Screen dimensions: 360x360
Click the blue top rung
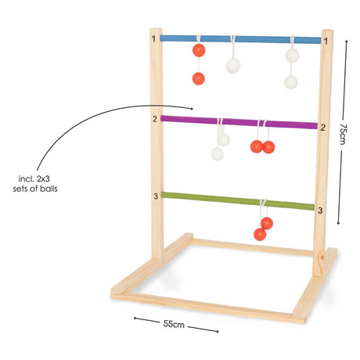point(240,39)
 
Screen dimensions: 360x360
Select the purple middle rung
point(239,122)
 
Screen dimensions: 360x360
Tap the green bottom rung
point(238,201)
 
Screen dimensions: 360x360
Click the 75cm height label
point(343,134)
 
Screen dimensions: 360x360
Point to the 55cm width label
point(174,324)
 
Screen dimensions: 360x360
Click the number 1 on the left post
point(153,39)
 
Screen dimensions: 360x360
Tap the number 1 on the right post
point(326,41)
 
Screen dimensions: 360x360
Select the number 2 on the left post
point(155,119)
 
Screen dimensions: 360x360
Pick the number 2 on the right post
point(323,128)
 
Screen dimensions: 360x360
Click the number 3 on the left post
point(156,196)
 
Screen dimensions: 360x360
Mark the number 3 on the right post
point(320,211)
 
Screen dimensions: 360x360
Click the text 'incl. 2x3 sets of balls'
point(35,184)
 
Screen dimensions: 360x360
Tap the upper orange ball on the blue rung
point(199,50)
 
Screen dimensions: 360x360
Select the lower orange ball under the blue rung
point(199,78)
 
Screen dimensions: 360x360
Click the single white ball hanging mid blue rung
point(233,66)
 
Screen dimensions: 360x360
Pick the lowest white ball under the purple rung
point(217,153)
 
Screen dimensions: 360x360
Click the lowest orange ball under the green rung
point(260,235)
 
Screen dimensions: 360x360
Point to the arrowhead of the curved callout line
point(192,109)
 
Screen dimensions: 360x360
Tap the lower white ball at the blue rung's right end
point(290,82)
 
